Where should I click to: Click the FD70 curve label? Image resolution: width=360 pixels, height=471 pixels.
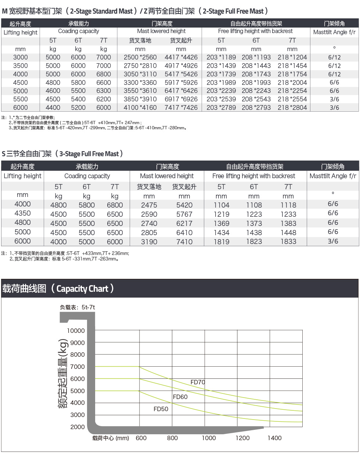tap(198, 382)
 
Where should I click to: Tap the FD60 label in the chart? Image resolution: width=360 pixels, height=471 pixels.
tap(180, 397)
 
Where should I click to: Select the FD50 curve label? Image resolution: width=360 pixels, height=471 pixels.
tap(161, 409)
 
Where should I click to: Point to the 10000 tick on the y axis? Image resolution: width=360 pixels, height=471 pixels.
tap(76, 331)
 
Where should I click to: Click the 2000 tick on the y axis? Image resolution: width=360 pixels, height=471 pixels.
tap(77, 427)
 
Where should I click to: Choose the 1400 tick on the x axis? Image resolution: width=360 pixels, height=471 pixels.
tap(274, 438)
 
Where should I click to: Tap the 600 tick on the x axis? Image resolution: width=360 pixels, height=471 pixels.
tap(141, 438)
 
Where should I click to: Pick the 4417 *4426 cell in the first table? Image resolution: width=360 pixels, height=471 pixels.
tap(181, 57)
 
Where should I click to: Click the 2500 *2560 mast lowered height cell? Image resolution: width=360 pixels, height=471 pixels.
tap(140, 57)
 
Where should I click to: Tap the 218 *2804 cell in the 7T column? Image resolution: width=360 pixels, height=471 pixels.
tap(292, 108)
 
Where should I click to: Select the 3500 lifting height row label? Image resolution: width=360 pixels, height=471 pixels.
tap(21, 66)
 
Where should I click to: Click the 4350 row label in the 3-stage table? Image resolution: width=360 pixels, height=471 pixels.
tap(22, 213)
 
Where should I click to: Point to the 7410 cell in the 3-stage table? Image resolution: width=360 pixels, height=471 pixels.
tap(184, 242)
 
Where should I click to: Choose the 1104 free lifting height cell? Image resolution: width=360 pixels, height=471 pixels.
tap(221, 205)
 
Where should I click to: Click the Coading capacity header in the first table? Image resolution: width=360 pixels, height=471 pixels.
tap(79, 31)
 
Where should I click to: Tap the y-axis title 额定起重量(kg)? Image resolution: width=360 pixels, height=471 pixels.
tap(63, 373)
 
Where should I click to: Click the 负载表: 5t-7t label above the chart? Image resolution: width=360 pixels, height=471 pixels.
tap(78, 307)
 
